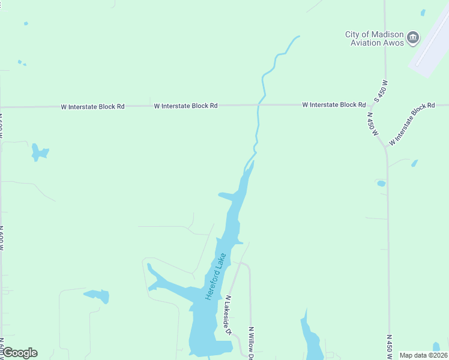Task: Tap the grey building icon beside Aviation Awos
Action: [x=412, y=38]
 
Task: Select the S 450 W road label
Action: [x=381, y=91]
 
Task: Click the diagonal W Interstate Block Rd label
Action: [x=412, y=124]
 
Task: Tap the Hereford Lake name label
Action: [x=215, y=277]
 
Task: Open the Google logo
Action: [x=19, y=352]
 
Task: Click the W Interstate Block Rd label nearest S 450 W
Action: [x=334, y=104]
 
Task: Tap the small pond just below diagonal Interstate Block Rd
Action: [x=414, y=163]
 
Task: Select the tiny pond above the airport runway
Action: [x=423, y=12]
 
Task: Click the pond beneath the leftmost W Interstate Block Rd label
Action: [x=39, y=152]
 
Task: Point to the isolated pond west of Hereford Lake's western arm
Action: [x=97, y=296]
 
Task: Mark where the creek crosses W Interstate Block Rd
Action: [x=259, y=104]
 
